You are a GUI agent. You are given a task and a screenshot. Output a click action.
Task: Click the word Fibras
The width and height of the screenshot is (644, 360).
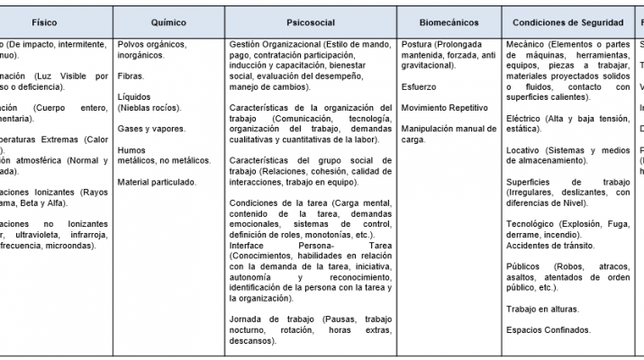131,76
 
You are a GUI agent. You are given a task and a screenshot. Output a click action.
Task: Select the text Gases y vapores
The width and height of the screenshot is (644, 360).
151,129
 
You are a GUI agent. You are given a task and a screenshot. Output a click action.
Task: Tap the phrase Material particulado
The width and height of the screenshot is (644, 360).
157,181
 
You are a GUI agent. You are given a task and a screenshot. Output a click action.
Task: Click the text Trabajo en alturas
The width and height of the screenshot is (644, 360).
543,309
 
